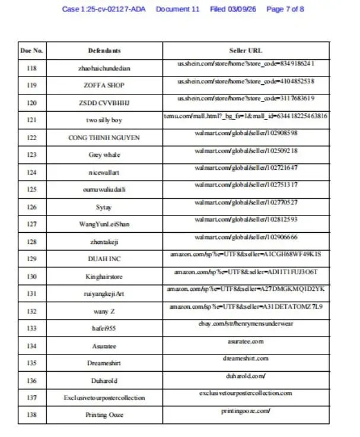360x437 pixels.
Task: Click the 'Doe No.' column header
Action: click(x=31, y=50)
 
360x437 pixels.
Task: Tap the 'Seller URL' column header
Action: click(x=246, y=50)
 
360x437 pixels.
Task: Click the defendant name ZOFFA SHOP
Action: click(x=104, y=85)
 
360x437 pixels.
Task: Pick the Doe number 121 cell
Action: click(x=31, y=120)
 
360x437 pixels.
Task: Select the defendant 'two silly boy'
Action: click(x=104, y=121)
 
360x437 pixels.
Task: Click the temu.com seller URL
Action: click(x=246, y=116)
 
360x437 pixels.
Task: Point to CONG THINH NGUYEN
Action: click(x=104, y=138)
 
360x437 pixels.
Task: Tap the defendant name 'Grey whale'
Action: click(x=104, y=155)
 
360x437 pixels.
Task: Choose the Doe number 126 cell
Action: click(x=31, y=207)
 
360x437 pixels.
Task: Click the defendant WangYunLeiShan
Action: click(x=104, y=224)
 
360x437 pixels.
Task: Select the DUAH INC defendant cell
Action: click(x=104, y=259)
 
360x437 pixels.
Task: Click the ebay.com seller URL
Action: click(x=246, y=324)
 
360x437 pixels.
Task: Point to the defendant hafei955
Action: click(x=104, y=328)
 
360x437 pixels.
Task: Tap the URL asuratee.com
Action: click(x=246, y=341)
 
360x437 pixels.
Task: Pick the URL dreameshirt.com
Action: click(x=246, y=359)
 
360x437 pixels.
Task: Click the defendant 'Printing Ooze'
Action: click(x=104, y=415)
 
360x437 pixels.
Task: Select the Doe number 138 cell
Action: click(x=31, y=414)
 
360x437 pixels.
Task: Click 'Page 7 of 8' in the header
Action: click(x=285, y=9)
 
